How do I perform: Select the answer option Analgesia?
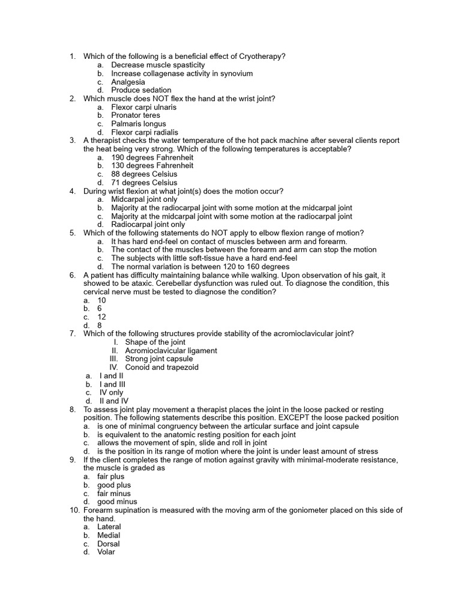tap(128, 82)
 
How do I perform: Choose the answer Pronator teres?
tap(136, 115)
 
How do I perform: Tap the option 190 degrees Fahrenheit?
tap(152, 157)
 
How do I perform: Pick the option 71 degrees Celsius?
tap(144, 183)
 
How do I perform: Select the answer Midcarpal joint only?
tap(144, 199)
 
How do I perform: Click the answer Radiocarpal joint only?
tap(148, 225)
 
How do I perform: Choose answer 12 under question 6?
tap(101, 317)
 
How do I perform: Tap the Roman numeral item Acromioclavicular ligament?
tap(171, 351)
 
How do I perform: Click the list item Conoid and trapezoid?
tap(161, 368)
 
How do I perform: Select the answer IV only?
tap(111, 393)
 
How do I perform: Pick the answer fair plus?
tap(111, 477)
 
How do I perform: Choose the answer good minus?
tap(117, 502)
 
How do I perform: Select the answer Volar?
tap(106, 553)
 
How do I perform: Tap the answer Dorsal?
tap(109, 544)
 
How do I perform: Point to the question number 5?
tap(72, 233)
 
